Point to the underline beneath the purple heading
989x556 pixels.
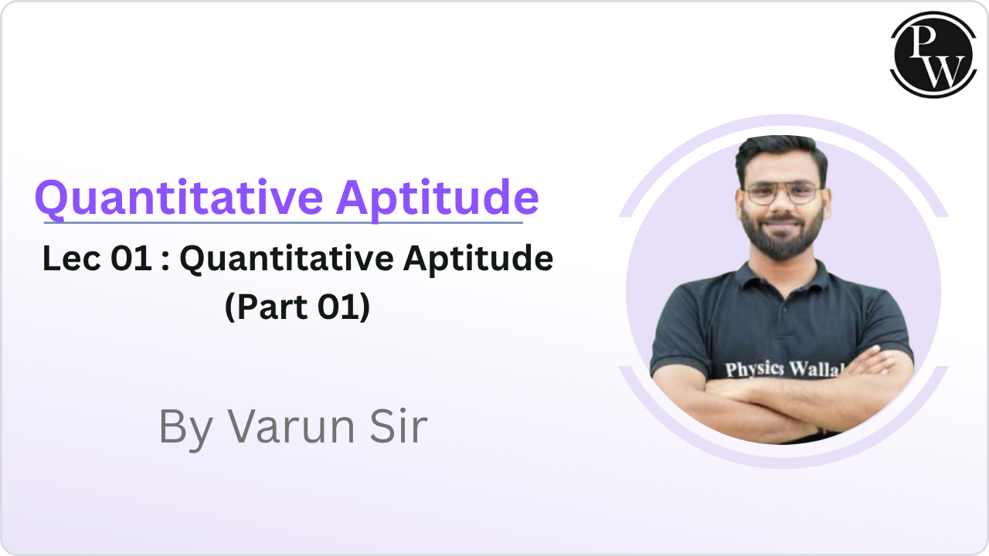point(283,223)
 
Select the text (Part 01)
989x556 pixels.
point(297,307)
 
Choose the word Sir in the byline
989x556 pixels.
point(396,426)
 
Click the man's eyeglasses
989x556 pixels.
point(781,192)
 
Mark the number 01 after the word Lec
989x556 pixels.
point(131,259)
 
